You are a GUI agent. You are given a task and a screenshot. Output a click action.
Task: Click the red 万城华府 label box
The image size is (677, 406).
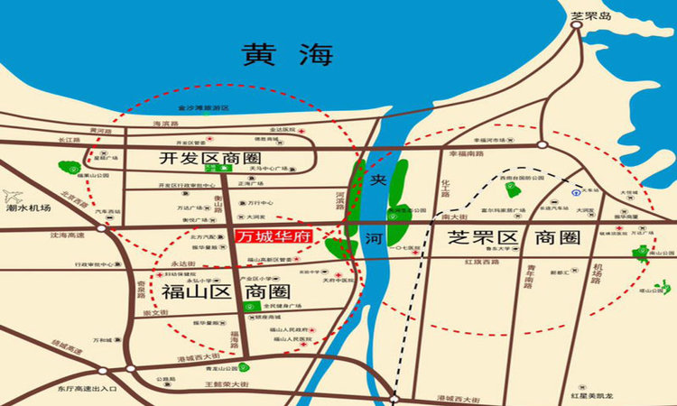point(273,237)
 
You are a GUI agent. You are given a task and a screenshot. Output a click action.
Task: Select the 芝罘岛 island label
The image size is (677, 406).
point(591,16)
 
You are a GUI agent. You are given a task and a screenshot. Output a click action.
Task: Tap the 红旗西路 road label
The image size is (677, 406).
point(478,262)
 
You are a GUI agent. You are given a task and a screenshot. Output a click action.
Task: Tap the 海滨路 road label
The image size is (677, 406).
point(162,124)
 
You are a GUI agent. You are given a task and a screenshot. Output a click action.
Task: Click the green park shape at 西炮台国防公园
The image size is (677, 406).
point(511,189)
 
